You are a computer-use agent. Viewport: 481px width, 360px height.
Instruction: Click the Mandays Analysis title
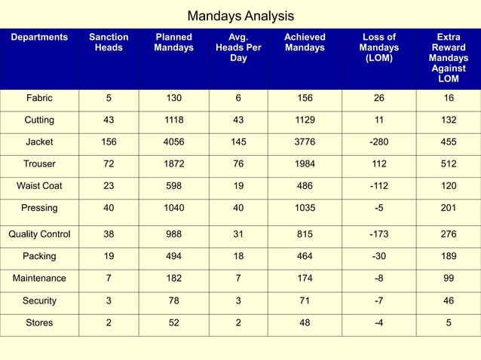[x=240, y=16]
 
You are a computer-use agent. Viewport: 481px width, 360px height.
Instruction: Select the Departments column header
[x=39, y=37]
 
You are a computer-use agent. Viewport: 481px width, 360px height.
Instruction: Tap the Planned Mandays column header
[x=173, y=42]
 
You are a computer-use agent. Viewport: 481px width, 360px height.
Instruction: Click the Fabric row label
[x=39, y=98]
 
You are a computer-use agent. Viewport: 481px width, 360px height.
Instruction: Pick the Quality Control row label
[x=39, y=233]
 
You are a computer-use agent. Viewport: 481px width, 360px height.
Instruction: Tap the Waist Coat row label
[x=39, y=185]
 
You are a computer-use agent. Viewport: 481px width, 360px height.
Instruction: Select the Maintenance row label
[x=39, y=279]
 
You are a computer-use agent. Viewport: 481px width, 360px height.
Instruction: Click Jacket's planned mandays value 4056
[x=173, y=142]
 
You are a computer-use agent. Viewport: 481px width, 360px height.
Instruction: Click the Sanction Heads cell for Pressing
[x=109, y=207]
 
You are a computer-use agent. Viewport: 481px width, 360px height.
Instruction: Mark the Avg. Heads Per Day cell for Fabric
[x=238, y=98]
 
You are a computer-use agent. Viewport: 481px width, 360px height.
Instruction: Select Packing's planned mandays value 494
[x=173, y=256]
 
